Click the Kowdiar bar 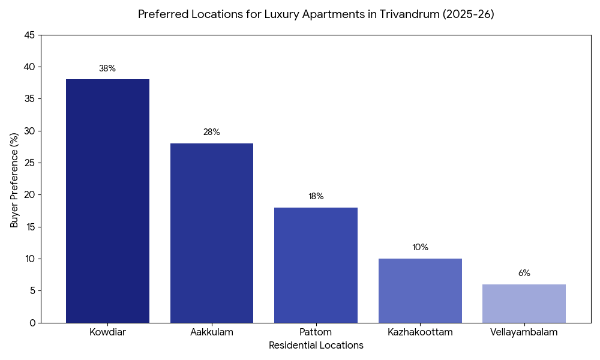107,201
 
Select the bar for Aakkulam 212,233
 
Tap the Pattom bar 316,265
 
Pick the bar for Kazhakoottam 420,290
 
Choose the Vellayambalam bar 524,304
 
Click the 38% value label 107,68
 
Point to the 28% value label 212,132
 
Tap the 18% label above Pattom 316,196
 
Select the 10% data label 420,247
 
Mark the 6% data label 524,273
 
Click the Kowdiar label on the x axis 107,332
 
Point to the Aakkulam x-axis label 212,332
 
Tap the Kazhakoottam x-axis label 420,332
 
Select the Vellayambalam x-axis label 524,332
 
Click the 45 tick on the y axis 29,35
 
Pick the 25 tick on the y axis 29,163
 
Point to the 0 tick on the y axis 32,323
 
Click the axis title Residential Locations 316,346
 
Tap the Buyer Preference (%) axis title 15,179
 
